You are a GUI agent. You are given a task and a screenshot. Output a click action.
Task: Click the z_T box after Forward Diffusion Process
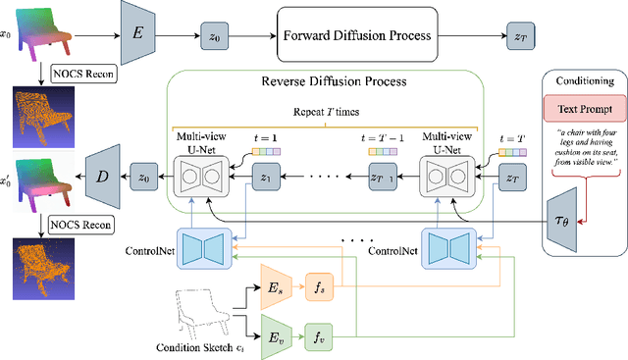tap(520, 36)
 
